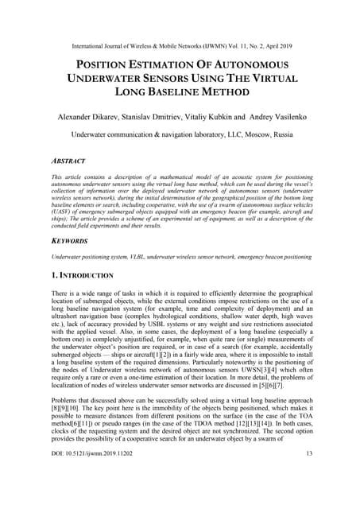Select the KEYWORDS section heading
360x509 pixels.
(71, 237)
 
